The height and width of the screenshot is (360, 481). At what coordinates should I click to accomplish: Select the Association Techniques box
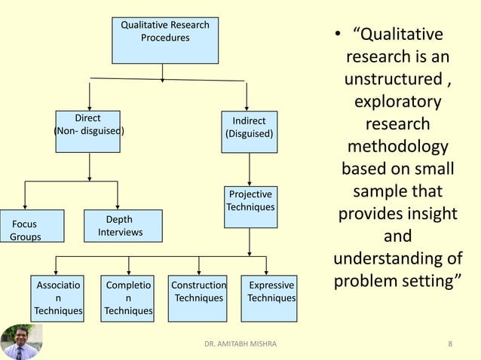[57, 298]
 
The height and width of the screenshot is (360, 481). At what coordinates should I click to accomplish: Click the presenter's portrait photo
[21, 341]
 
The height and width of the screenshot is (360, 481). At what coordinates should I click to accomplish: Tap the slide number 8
[450, 344]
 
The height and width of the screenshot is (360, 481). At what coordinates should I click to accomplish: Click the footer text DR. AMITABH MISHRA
[240, 344]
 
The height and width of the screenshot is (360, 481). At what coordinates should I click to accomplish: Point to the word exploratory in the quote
[397, 100]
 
